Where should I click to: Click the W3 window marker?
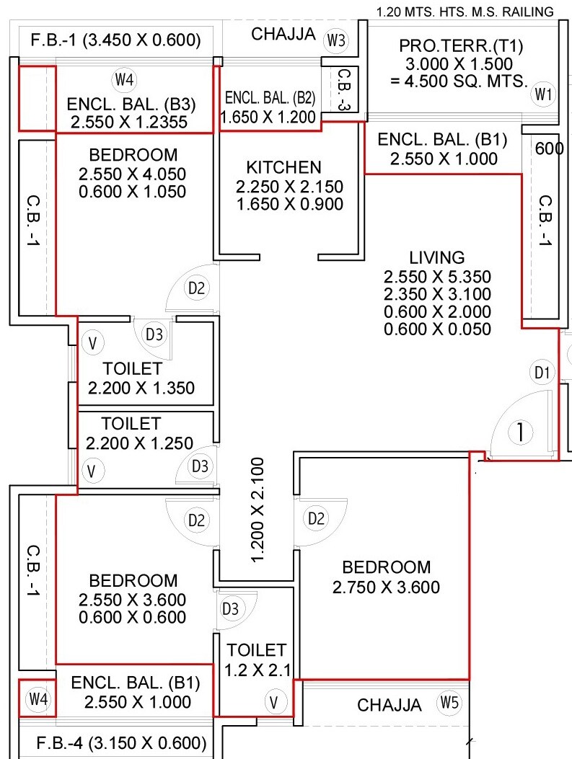(336, 40)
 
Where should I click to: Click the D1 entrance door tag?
(542, 373)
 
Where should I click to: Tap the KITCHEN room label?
(283, 167)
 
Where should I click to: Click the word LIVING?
(437, 257)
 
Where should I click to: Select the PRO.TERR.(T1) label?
(462, 47)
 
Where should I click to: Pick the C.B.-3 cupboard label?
(344, 89)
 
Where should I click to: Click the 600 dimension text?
(548, 148)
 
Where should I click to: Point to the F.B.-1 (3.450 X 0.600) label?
(115, 40)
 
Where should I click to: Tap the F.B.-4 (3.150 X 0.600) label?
(121, 742)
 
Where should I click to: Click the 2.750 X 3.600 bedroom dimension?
(386, 587)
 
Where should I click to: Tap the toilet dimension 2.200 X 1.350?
(141, 388)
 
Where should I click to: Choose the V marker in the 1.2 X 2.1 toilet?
(274, 701)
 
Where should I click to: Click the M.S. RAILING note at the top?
(465, 12)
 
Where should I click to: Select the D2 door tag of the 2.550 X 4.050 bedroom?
(196, 288)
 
